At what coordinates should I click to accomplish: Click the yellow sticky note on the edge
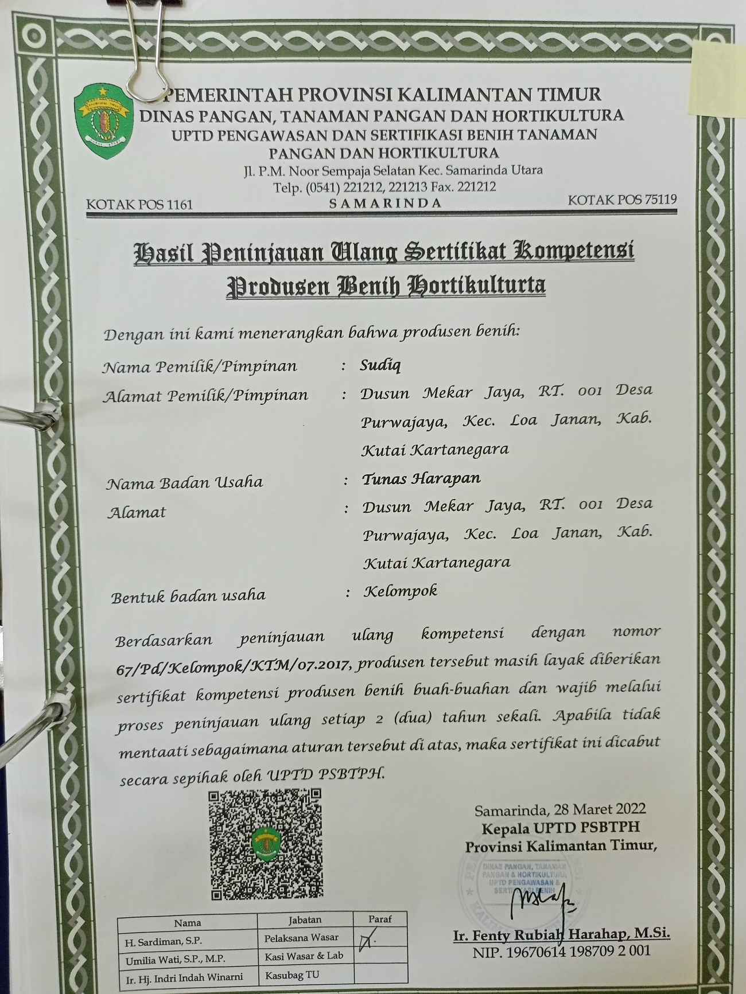718,80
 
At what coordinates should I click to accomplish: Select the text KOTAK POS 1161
139,204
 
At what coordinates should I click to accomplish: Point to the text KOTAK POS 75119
622,200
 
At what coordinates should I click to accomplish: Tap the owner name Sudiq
380,365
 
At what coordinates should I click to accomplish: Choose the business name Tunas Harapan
421,478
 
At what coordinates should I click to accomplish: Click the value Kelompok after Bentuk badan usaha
401,591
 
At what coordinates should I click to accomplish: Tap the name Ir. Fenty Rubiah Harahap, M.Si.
561,934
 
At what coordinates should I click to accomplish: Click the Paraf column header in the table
380,919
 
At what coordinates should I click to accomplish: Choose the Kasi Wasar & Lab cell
304,956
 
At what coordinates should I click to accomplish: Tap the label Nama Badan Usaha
184,482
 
